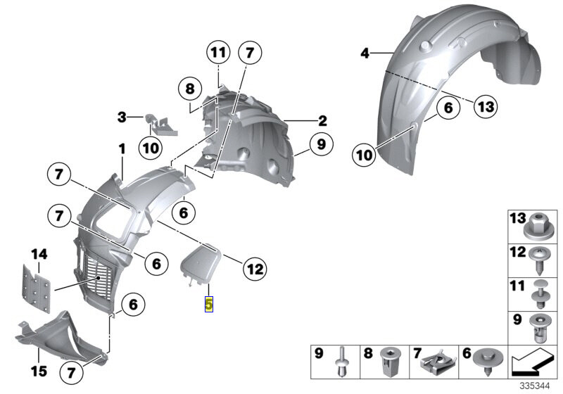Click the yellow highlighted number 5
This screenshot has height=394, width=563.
pos(208,305)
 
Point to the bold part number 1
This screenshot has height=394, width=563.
pos(121,149)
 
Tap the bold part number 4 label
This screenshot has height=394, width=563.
pos(365,53)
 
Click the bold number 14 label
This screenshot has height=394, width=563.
pos(38,253)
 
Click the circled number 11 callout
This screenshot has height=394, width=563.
pos(219,53)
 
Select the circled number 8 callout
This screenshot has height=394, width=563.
pos(189,89)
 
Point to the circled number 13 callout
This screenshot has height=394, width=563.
pos(485,107)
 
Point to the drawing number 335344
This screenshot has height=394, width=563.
pos(536,386)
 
